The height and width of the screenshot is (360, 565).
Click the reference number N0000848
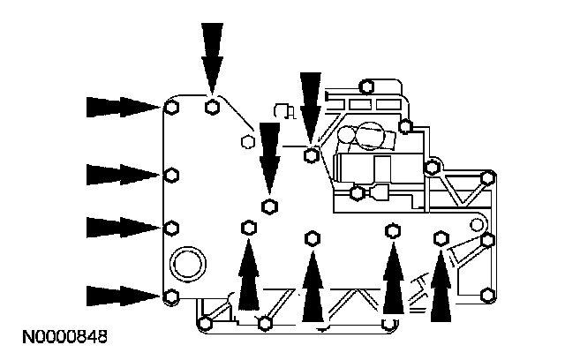60,336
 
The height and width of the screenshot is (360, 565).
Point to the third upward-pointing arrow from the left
393,275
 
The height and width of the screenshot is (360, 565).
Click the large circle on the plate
187,262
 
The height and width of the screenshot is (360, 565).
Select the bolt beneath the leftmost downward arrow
212,108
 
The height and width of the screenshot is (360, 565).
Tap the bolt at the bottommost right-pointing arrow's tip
172,295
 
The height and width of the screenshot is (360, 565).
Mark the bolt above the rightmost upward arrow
441,237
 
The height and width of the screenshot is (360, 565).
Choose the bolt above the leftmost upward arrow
248,229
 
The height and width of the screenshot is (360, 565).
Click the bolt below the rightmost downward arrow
311,156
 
